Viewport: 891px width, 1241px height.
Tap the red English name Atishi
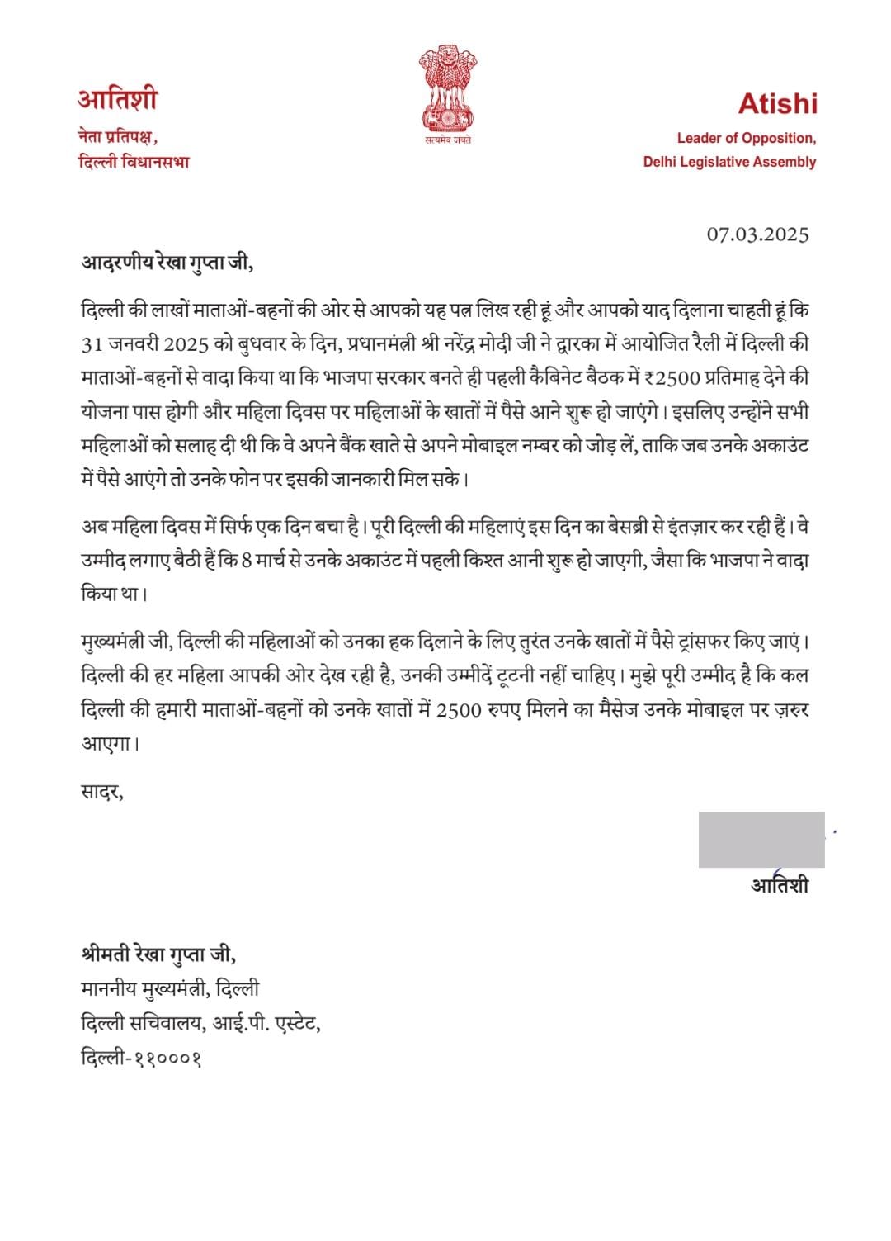[x=777, y=103]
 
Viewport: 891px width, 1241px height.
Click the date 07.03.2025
[x=757, y=234]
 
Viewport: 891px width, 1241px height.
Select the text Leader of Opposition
[x=746, y=138]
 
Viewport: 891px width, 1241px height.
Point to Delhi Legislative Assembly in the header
[x=729, y=162]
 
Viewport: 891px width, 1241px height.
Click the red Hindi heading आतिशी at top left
[x=117, y=101]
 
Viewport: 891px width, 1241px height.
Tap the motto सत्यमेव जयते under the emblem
[x=449, y=140]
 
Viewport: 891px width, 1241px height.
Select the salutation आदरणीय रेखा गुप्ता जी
[x=164, y=263]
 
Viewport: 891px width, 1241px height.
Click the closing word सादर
[x=102, y=793]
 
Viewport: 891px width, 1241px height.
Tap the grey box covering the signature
[x=761, y=840]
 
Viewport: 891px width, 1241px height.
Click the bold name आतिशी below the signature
[x=779, y=885]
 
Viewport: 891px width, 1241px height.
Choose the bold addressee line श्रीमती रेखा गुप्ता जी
[x=158, y=955]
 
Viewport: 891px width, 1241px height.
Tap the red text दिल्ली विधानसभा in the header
[x=134, y=162]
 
